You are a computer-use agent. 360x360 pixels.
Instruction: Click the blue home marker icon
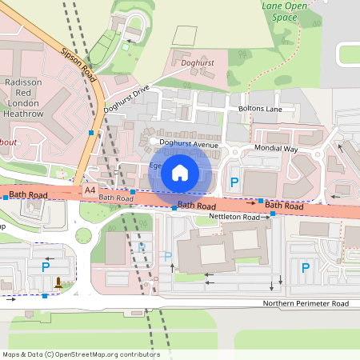point(180,173)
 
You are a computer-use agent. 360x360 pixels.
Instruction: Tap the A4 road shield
point(90,190)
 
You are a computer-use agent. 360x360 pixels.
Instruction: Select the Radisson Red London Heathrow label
point(24,98)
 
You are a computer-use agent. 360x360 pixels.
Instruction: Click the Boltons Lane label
point(261,108)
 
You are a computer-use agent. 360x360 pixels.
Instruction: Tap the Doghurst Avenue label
point(189,144)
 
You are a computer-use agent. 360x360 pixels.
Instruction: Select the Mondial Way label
point(275,149)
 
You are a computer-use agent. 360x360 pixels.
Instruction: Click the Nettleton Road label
point(234,217)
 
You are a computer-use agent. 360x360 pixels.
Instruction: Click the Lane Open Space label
point(284,10)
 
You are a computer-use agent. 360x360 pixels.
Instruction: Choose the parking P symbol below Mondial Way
point(234,183)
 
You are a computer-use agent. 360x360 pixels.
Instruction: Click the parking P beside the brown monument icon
point(46,266)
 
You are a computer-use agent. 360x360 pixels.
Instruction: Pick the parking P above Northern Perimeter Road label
point(304,268)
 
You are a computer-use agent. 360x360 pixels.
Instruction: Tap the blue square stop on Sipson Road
point(92,132)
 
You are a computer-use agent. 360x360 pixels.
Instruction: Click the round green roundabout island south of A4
point(84,235)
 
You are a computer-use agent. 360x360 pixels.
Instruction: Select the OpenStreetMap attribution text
point(81,354)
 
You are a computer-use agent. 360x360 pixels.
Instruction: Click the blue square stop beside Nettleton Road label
point(272,214)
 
